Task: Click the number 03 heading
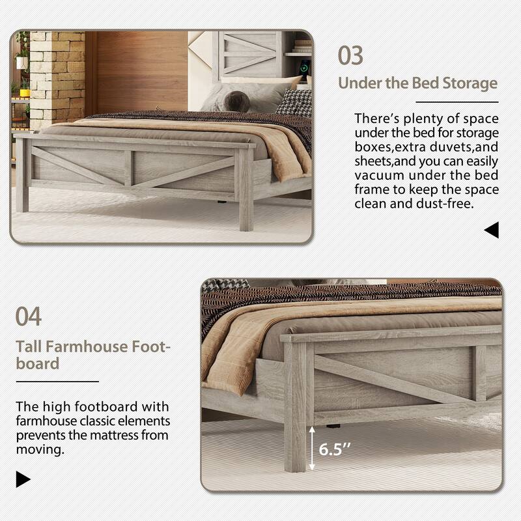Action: [x=350, y=55]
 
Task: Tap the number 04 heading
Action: [x=29, y=317]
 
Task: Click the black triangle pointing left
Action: [x=492, y=229]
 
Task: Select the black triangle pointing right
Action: [x=23, y=479]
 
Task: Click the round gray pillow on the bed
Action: [x=236, y=100]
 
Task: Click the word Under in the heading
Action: [x=359, y=83]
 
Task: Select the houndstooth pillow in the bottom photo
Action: [x=225, y=285]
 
